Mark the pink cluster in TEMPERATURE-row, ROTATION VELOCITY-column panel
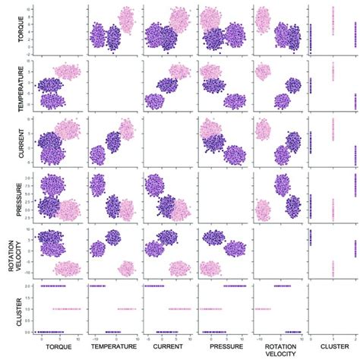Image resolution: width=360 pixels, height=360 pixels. [x=264, y=72]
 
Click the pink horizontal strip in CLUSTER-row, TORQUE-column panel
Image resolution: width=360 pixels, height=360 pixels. [x=65, y=308]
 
